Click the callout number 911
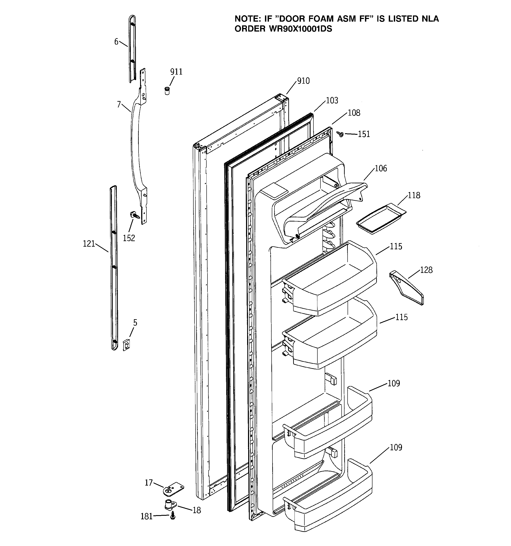coord(176,72)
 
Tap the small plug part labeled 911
coord(167,90)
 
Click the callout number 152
coord(129,238)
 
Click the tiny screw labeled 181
coord(172,517)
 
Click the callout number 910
coord(303,81)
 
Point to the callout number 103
coord(332,101)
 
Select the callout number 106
coord(381,168)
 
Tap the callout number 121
coord(89,244)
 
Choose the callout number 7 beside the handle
coord(119,104)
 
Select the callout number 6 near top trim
coord(116,42)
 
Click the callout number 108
coord(354,113)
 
